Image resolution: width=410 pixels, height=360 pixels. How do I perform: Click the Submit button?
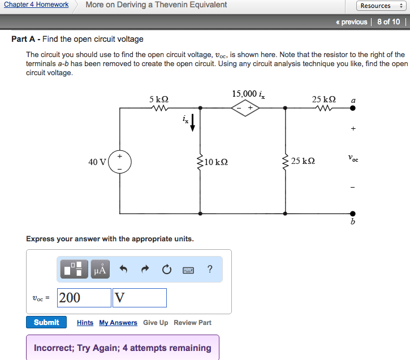46,322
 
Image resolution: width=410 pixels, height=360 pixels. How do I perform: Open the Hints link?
85,323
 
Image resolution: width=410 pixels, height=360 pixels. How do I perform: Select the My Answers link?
118,323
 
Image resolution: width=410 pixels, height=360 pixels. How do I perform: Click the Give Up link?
156,323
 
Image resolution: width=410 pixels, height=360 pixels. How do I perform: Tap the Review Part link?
193,323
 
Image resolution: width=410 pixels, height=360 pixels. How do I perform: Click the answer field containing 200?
84,298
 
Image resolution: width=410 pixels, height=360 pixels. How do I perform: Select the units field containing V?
140,298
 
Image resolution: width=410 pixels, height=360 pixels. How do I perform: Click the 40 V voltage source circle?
120,162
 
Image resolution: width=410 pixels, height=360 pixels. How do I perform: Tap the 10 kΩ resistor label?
217,162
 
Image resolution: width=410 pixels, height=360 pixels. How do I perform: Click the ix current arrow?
192,122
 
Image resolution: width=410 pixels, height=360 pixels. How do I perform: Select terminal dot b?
353,214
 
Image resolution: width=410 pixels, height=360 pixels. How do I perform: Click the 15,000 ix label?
248,94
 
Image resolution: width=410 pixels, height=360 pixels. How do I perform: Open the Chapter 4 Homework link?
36,5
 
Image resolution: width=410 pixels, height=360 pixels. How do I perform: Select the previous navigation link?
351,22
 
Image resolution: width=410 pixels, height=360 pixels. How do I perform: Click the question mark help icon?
210,269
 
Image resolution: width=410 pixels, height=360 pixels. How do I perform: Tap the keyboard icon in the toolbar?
188,270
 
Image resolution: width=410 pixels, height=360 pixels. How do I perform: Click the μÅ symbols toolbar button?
101,270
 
